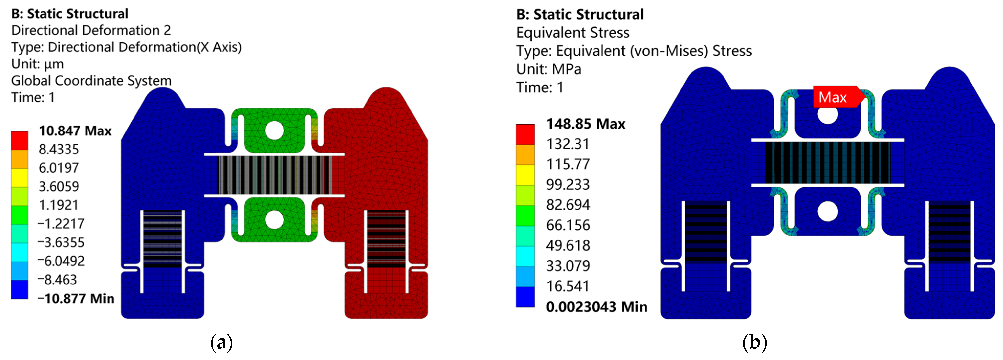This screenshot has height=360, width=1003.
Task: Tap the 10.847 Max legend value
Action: [x=75, y=131]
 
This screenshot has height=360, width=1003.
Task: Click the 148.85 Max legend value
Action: [x=586, y=124]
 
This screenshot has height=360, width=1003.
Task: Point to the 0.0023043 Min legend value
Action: [x=597, y=307]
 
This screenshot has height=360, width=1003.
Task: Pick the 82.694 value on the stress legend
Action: [x=568, y=205]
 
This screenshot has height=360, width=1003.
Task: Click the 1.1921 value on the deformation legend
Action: [x=59, y=205]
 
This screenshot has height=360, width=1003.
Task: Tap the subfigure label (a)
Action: [x=222, y=342]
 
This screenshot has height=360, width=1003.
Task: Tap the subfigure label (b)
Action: [x=755, y=342]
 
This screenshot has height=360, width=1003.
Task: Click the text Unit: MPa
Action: [x=549, y=69]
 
